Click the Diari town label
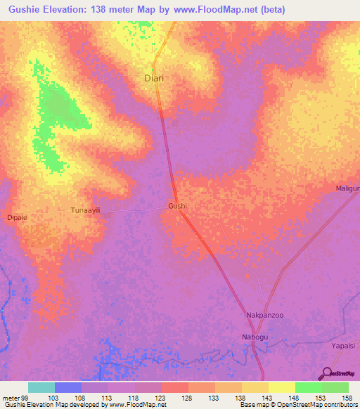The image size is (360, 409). [x=154, y=79]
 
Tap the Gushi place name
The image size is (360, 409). [x=177, y=206]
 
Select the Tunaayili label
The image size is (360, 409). [x=88, y=210]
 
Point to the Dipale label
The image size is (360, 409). [x=16, y=218]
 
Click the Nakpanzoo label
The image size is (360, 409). [x=264, y=315]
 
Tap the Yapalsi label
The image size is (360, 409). [x=345, y=346]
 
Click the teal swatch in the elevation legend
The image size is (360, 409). [x=41, y=387]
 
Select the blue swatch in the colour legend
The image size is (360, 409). [x=68, y=387]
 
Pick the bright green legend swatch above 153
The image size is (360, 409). [x=309, y=387]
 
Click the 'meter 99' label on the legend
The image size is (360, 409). [x=15, y=397]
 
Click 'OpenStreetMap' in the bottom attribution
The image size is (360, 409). [x=284, y=405]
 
